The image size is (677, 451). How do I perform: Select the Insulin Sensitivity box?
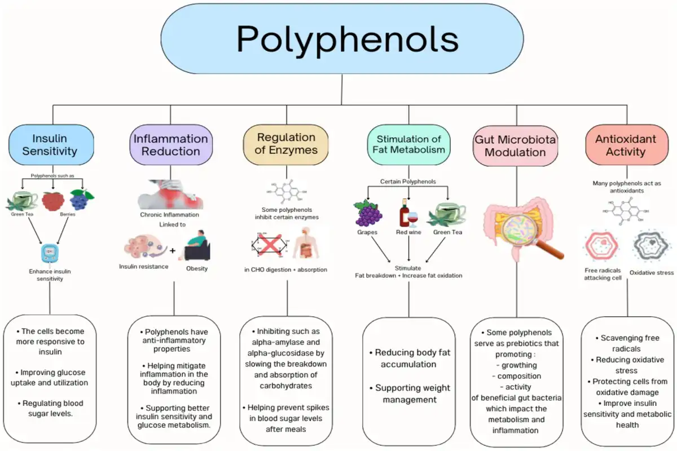[51, 144]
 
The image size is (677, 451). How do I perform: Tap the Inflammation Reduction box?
[170, 144]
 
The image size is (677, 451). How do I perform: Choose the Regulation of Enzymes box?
[286, 144]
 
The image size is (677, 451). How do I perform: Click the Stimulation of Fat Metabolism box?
[408, 144]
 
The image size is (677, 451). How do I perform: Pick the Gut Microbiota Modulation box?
[515, 145]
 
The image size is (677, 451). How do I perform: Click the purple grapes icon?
[367, 214]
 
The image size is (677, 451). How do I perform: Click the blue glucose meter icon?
[50, 253]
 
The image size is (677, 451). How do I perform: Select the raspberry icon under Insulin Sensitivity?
[52, 201]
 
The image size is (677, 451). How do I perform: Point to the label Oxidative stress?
[651, 273]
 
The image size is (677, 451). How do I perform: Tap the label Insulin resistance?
[143, 266]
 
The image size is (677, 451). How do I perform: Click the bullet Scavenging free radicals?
[627, 343]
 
